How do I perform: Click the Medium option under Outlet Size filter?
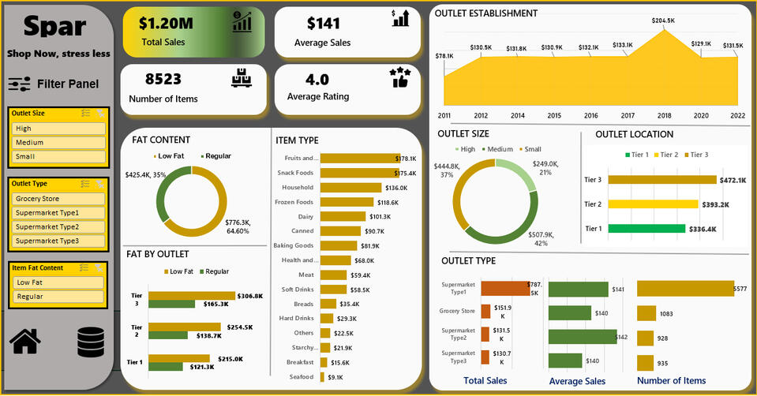tap(58, 143)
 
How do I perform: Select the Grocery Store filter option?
tap(58, 199)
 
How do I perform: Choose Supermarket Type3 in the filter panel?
tap(58, 241)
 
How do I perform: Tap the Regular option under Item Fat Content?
tap(58, 297)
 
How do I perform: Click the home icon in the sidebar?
tap(25, 341)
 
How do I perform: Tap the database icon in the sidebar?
tap(91, 342)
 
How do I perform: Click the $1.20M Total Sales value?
tap(163, 24)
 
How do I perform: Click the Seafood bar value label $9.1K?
tap(335, 377)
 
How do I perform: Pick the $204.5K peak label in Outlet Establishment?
tap(663, 21)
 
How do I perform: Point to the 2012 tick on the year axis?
tap(481, 115)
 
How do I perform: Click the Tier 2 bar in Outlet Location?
tap(653, 204)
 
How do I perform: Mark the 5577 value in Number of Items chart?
tap(740, 290)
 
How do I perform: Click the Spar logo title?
tap(54, 27)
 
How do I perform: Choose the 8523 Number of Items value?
tap(163, 79)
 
